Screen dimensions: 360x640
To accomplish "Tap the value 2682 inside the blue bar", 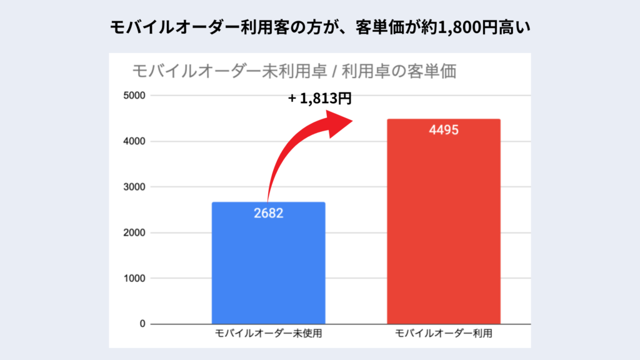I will tap(268, 213).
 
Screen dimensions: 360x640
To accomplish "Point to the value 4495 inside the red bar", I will tap(444, 131).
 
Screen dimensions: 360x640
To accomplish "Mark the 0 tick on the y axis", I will tap(142, 324).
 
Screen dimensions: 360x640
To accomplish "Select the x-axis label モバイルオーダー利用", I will tap(444, 334).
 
